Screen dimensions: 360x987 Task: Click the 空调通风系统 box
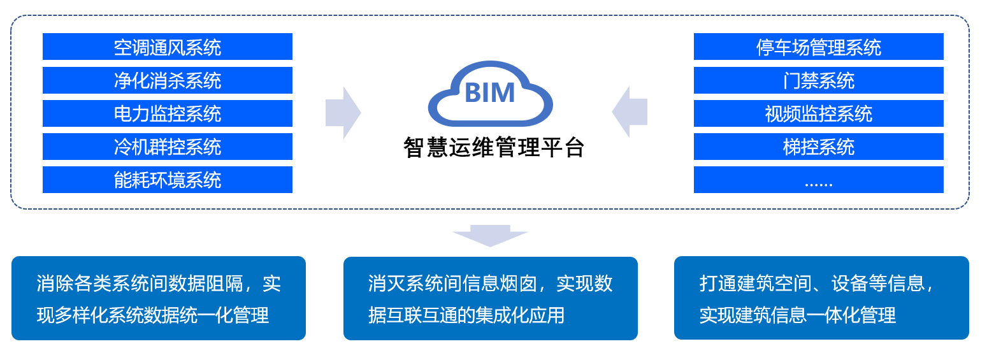point(167,47)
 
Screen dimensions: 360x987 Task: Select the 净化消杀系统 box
point(167,80)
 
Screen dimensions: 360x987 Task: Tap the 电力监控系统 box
point(167,113)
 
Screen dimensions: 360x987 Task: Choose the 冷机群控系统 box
point(167,147)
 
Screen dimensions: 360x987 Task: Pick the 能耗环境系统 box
point(167,180)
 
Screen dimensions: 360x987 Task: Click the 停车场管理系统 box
point(818,47)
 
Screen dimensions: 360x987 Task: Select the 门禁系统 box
point(818,80)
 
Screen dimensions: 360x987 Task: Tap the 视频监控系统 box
point(818,113)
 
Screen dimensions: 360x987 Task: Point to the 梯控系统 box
point(818,147)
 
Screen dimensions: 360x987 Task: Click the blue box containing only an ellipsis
point(818,180)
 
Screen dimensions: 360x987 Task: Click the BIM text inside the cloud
point(489,93)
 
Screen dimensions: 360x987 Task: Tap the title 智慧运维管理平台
point(494,147)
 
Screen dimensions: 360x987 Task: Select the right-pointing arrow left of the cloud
point(343,113)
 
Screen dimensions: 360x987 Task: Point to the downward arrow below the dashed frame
point(490,235)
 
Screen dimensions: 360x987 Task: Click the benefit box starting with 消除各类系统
point(159,298)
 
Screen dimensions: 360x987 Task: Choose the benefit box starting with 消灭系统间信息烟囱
point(490,298)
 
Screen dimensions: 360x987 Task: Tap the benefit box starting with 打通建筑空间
point(821,298)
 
